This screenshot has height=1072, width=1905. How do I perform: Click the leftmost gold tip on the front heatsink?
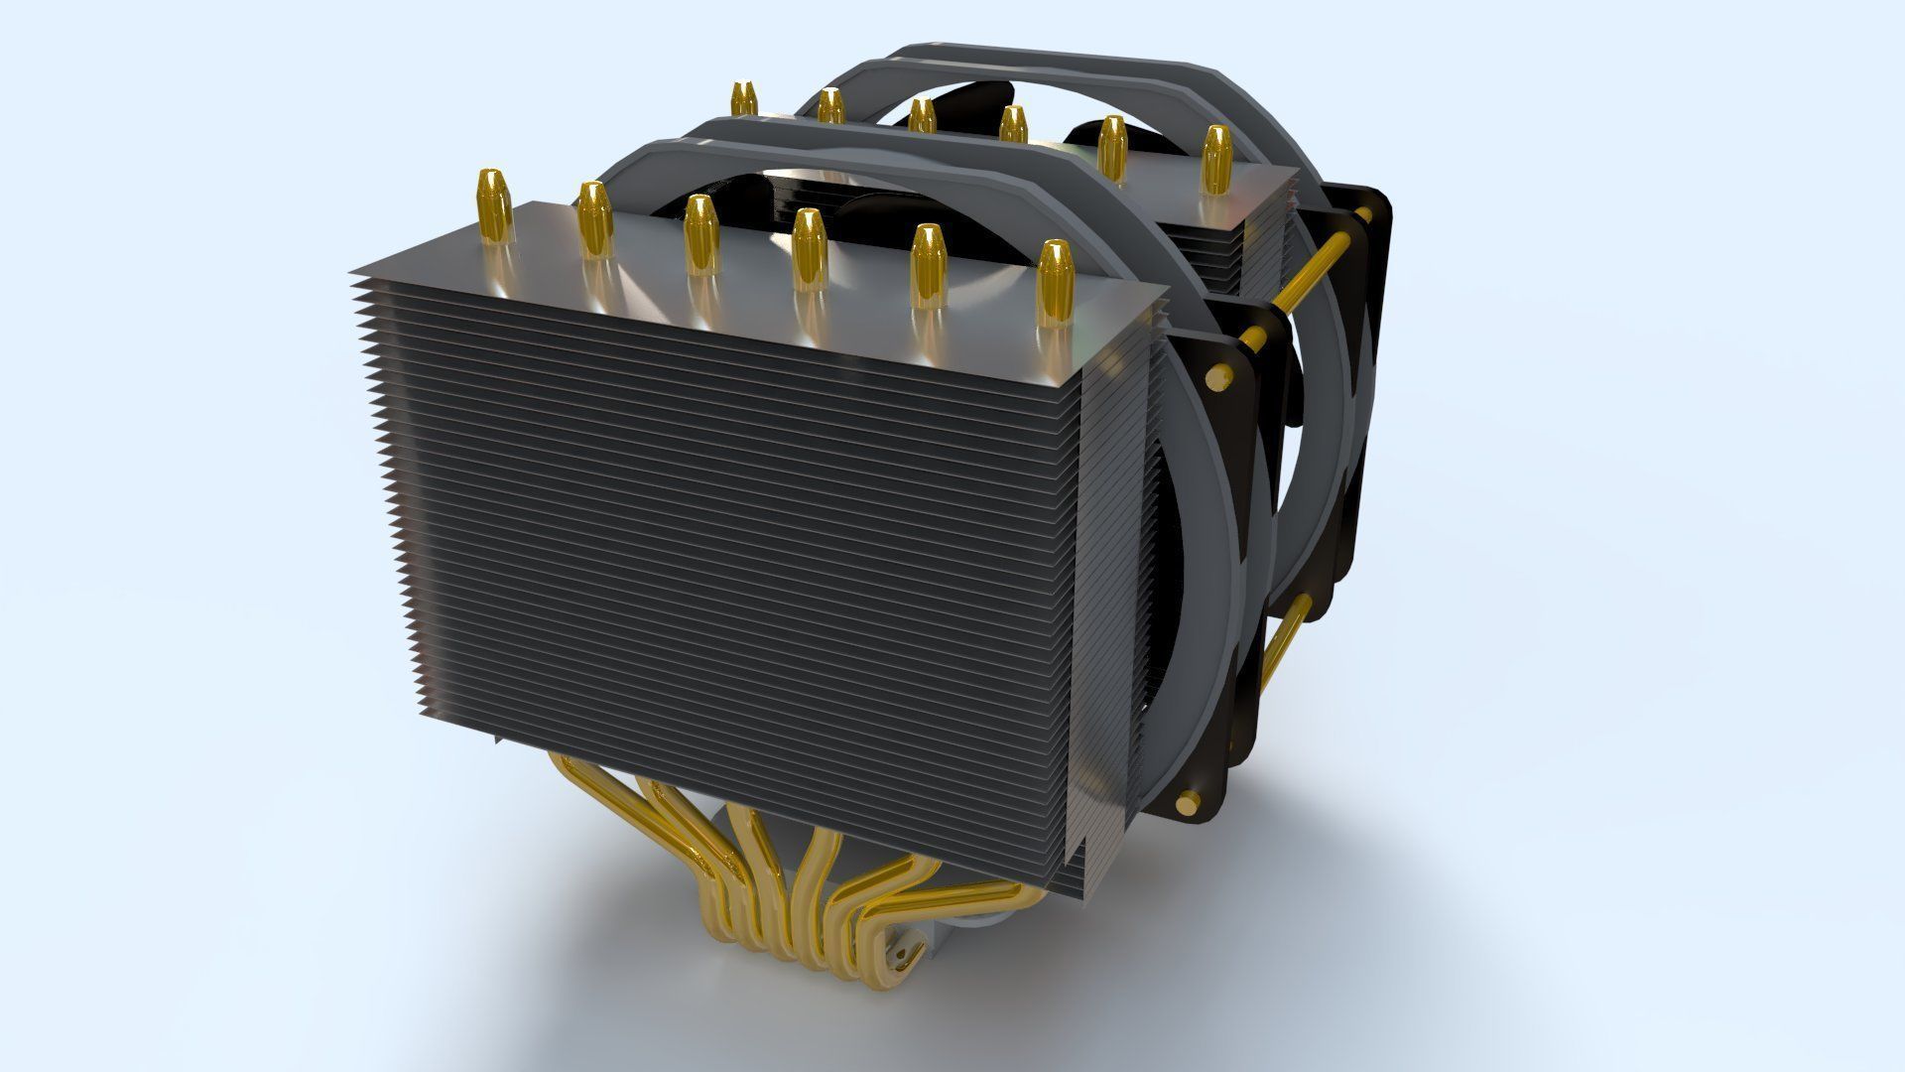(x=494, y=204)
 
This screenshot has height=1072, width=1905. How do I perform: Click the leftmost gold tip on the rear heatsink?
(x=743, y=98)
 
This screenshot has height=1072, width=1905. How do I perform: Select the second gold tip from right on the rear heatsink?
(x=1112, y=145)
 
